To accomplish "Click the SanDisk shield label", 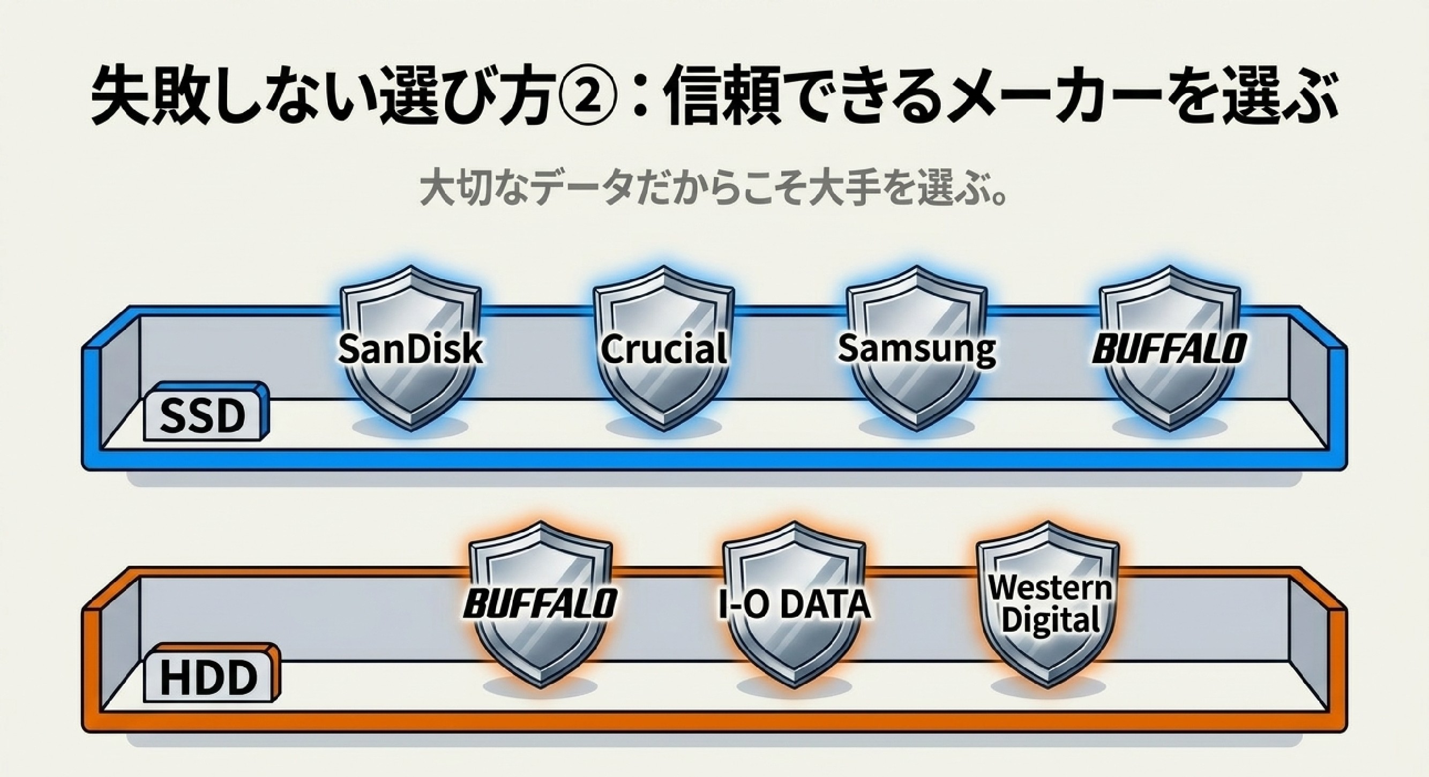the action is (x=410, y=349).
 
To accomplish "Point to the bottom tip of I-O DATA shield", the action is (x=794, y=688).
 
